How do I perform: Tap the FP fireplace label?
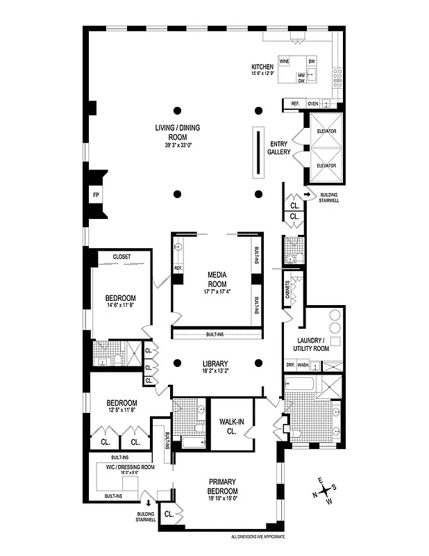click(x=96, y=195)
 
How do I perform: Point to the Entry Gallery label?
click(x=279, y=147)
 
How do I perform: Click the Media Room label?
click(x=217, y=277)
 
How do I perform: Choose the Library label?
click(x=215, y=363)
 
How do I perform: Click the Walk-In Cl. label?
click(x=229, y=426)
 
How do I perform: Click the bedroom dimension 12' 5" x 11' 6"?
click(x=121, y=410)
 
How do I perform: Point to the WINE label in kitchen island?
click(x=285, y=61)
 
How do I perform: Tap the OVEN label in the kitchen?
click(x=312, y=104)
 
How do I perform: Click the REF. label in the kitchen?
click(x=296, y=104)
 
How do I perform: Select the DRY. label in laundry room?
click(x=290, y=365)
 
